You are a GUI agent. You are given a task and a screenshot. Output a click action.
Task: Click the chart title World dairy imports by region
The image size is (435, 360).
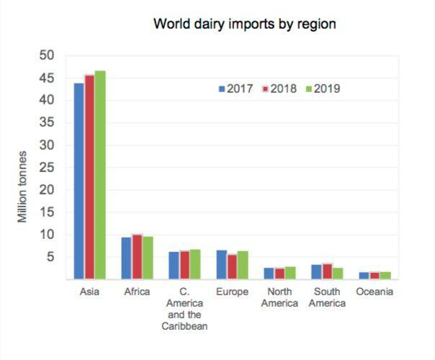point(244,24)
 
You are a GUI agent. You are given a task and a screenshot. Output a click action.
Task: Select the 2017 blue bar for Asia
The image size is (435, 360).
point(79,180)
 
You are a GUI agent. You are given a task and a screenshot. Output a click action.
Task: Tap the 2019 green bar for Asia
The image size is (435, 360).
point(100,174)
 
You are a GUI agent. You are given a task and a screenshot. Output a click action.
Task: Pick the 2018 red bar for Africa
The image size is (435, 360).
point(137,256)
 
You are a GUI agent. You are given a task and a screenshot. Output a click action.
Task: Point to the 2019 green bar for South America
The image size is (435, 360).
point(338,273)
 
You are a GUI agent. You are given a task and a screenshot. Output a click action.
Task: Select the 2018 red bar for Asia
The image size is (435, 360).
point(89,176)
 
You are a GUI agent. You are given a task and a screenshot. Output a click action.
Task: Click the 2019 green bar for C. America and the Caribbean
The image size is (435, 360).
point(195,264)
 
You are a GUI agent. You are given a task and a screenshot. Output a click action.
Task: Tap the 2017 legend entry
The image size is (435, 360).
point(236,89)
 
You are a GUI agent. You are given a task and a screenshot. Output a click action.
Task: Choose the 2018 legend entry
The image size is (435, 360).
point(279,89)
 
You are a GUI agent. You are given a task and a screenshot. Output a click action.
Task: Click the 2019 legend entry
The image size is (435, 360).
point(323,89)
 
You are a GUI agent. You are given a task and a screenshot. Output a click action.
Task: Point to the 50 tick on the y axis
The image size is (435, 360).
point(48,55)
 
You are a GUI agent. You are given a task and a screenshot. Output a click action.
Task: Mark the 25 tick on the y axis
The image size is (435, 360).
point(48,167)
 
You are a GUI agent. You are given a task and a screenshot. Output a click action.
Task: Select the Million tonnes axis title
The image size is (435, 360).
point(23,186)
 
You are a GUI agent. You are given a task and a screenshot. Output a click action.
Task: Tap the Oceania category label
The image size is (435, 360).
point(375,292)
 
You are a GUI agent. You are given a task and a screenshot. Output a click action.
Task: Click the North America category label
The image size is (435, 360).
point(279,298)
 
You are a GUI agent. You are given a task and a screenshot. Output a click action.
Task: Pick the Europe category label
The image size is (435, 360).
point(232,292)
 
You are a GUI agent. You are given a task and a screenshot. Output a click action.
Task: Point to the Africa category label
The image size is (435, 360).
point(137,292)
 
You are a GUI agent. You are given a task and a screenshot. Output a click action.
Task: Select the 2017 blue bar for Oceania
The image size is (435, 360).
point(364,275)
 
